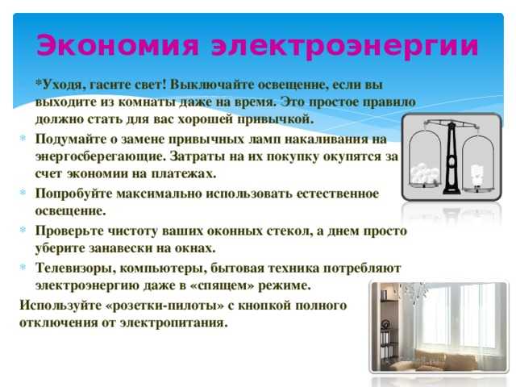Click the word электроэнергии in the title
tap(345, 46)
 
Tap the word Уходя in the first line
tap(61, 85)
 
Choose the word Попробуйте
tap(73, 193)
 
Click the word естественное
tap(338, 193)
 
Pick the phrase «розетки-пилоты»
tap(164, 306)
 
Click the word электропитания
tap(173, 322)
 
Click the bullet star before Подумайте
tap(23, 138)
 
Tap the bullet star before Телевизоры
tap(23, 267)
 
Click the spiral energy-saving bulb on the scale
tap(476, 176)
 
